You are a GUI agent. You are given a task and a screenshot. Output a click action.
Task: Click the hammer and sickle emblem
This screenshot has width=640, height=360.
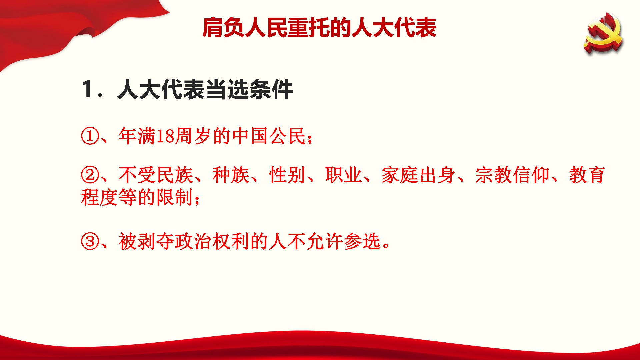pyautogui.click(x=603, y=33)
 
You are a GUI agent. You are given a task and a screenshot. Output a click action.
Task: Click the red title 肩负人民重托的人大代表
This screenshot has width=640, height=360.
pyautogui.click(x=319, y=28)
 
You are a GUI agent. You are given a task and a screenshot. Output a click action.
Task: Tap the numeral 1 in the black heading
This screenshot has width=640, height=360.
pyautogui.click(x=88, y=89)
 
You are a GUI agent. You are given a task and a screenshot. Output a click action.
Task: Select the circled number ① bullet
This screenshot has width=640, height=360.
pyautogui.click(x=90, y=136)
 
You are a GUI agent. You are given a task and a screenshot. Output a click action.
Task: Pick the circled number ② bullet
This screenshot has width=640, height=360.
pyautogui.click(x=90, y=175)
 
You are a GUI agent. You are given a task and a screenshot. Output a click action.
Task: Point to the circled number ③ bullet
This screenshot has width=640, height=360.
pyautogui.click(x=90, y=241)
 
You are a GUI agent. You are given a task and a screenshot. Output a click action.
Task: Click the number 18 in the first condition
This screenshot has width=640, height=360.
pyautogui.click(x=165, y=136)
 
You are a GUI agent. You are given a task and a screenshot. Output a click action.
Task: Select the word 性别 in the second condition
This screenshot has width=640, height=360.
pyautogui.click(x=287, y=175)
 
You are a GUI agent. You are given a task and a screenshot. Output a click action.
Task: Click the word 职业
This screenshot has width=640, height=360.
pyautogui.click(x=344, y=175)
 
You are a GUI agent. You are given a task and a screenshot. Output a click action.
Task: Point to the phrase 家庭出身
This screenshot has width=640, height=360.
pyautogui.click(x=419, y=175)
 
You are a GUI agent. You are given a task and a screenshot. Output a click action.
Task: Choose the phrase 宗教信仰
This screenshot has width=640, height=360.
pyautogui.click(x=512, y=175)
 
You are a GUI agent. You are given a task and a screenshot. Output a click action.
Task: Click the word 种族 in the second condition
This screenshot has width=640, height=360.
pyautogui.click(x=231, y=175)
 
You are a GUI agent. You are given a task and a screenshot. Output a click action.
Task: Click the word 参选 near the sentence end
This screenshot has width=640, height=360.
pyautogui.click(x=362, y=241)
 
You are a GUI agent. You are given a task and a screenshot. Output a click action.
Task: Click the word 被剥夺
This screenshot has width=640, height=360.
pyautogui.click(x=147, y=241)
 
